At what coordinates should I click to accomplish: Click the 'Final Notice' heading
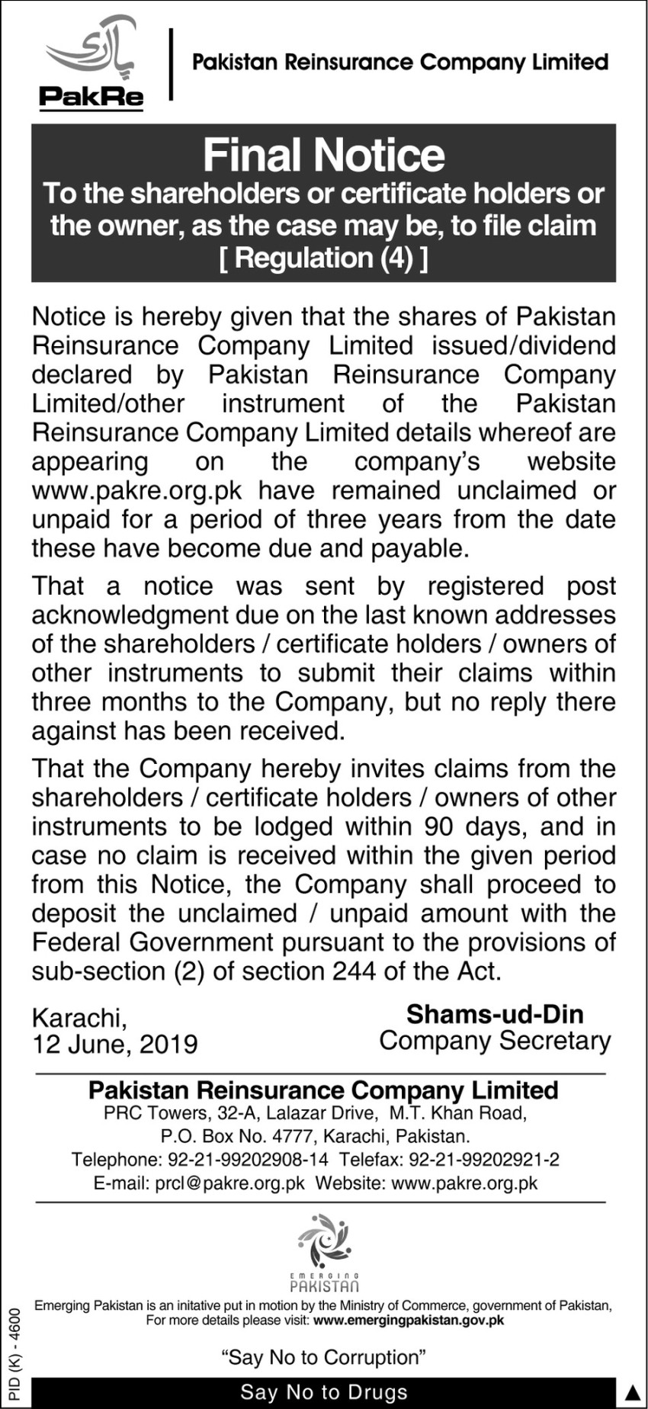click(x=323, y=155)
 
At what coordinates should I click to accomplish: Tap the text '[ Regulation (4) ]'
click(x=323, y=258)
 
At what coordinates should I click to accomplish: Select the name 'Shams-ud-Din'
click(x=495, y=1014)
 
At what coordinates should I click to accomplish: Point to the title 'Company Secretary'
click(x=495, y=1041)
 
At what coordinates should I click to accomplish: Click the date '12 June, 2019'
click(x=114, y=1044)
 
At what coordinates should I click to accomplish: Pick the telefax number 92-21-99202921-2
click(x=484, y=1160)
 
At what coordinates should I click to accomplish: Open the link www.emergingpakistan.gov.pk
click(x=409, y=1320)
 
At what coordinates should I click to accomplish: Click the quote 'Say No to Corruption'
click(x=323, y=1357)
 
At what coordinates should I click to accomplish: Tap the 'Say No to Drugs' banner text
click(x=323, y=1392)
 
